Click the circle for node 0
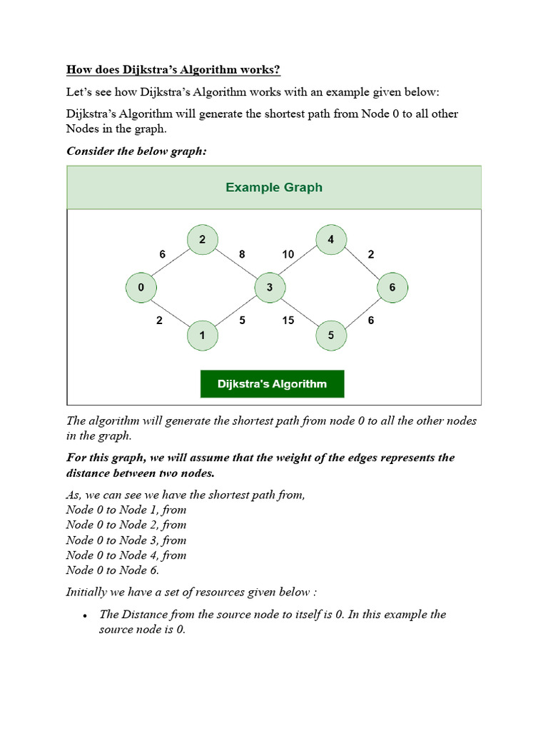(141, 288)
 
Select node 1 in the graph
(203, 336)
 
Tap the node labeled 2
(203, 240)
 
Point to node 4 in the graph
(330, 240)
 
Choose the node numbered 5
(330, 336)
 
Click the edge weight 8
(242, 254)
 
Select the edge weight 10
(288, 254)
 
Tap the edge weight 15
(288, 321)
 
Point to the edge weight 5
(243, 321)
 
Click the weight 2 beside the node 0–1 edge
(159, 321)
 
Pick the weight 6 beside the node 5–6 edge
(371, 321)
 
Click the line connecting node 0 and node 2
(171, 264)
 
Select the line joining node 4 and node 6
(362, 264)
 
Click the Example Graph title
(274, 188)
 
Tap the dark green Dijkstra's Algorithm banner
(272, 384)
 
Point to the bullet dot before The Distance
(85, 615)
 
